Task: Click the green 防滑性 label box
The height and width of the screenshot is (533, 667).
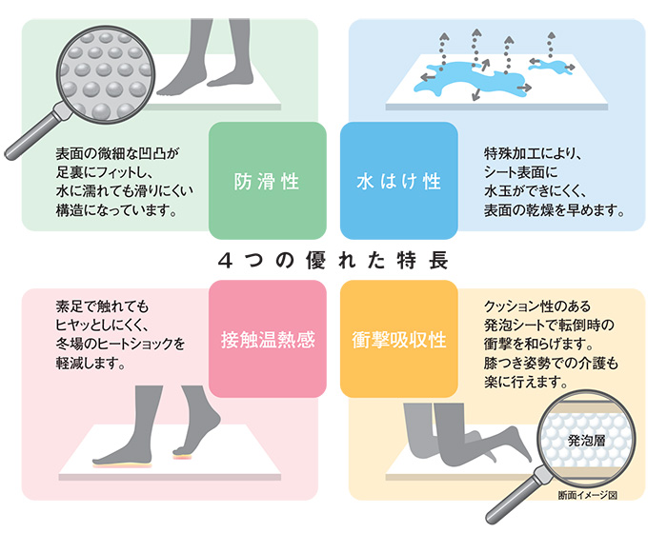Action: coord(268,181)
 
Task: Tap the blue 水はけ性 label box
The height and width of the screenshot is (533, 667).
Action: coord(399,181)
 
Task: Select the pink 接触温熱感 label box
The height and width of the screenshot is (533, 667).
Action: coord(268,339)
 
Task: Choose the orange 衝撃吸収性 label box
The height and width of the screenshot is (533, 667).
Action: coord(399,339)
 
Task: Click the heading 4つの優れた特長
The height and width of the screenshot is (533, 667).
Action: coord(333,260)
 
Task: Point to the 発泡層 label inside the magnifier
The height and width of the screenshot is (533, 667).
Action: coord(587,441)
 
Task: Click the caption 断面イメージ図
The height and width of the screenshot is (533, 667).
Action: coord(588,495)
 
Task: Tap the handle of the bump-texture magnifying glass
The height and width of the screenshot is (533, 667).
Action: coord(32,135)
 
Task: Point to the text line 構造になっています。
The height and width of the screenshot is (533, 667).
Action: coord(116,210)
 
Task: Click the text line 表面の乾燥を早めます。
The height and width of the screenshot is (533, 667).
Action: coord(554,210)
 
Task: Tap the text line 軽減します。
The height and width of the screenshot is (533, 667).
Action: coord(91,363)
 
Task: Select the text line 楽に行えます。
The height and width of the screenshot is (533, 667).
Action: coord(526,382)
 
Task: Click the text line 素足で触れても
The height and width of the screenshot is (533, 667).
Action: coord(102,306)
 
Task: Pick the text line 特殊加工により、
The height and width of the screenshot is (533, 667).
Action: coord(533,153)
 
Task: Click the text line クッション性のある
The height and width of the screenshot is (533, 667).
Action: coord(537,306)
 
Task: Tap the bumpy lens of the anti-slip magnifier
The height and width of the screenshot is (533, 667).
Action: coord(106,75)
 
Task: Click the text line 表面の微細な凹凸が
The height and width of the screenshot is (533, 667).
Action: coord(117,153)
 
